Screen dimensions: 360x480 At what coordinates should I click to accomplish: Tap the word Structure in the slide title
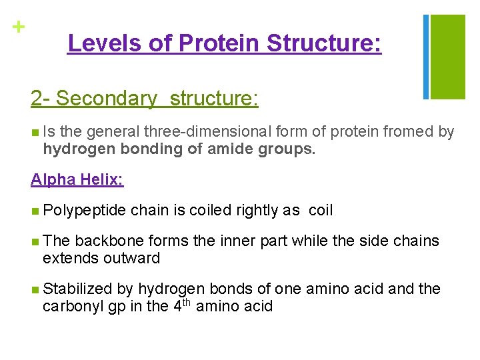coord(324,43)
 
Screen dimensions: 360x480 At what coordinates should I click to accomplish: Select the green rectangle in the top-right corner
coord(447,56)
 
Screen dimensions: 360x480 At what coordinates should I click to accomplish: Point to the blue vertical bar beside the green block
coord(425,56)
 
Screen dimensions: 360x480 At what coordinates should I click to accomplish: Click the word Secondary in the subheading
coord(107,99)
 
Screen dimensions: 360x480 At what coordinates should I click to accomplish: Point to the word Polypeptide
coord(84,211)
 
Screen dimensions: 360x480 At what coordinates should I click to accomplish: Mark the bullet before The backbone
coord(35,241)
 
